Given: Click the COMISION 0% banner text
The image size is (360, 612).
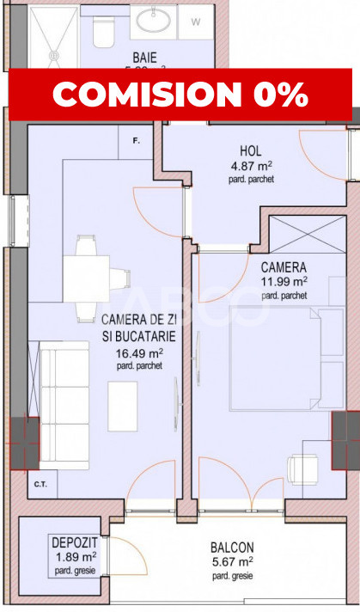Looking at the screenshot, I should [x=180, y=95].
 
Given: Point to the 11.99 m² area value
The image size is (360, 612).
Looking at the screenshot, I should [x=284, y=281].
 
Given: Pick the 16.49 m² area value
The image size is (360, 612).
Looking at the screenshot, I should [x=138, y=352].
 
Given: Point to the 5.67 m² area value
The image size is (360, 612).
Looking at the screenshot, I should [x=229, y=561].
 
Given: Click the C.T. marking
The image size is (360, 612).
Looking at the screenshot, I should [x=40, y=483].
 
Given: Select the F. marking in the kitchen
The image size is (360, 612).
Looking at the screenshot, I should [x=137, y=139].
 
